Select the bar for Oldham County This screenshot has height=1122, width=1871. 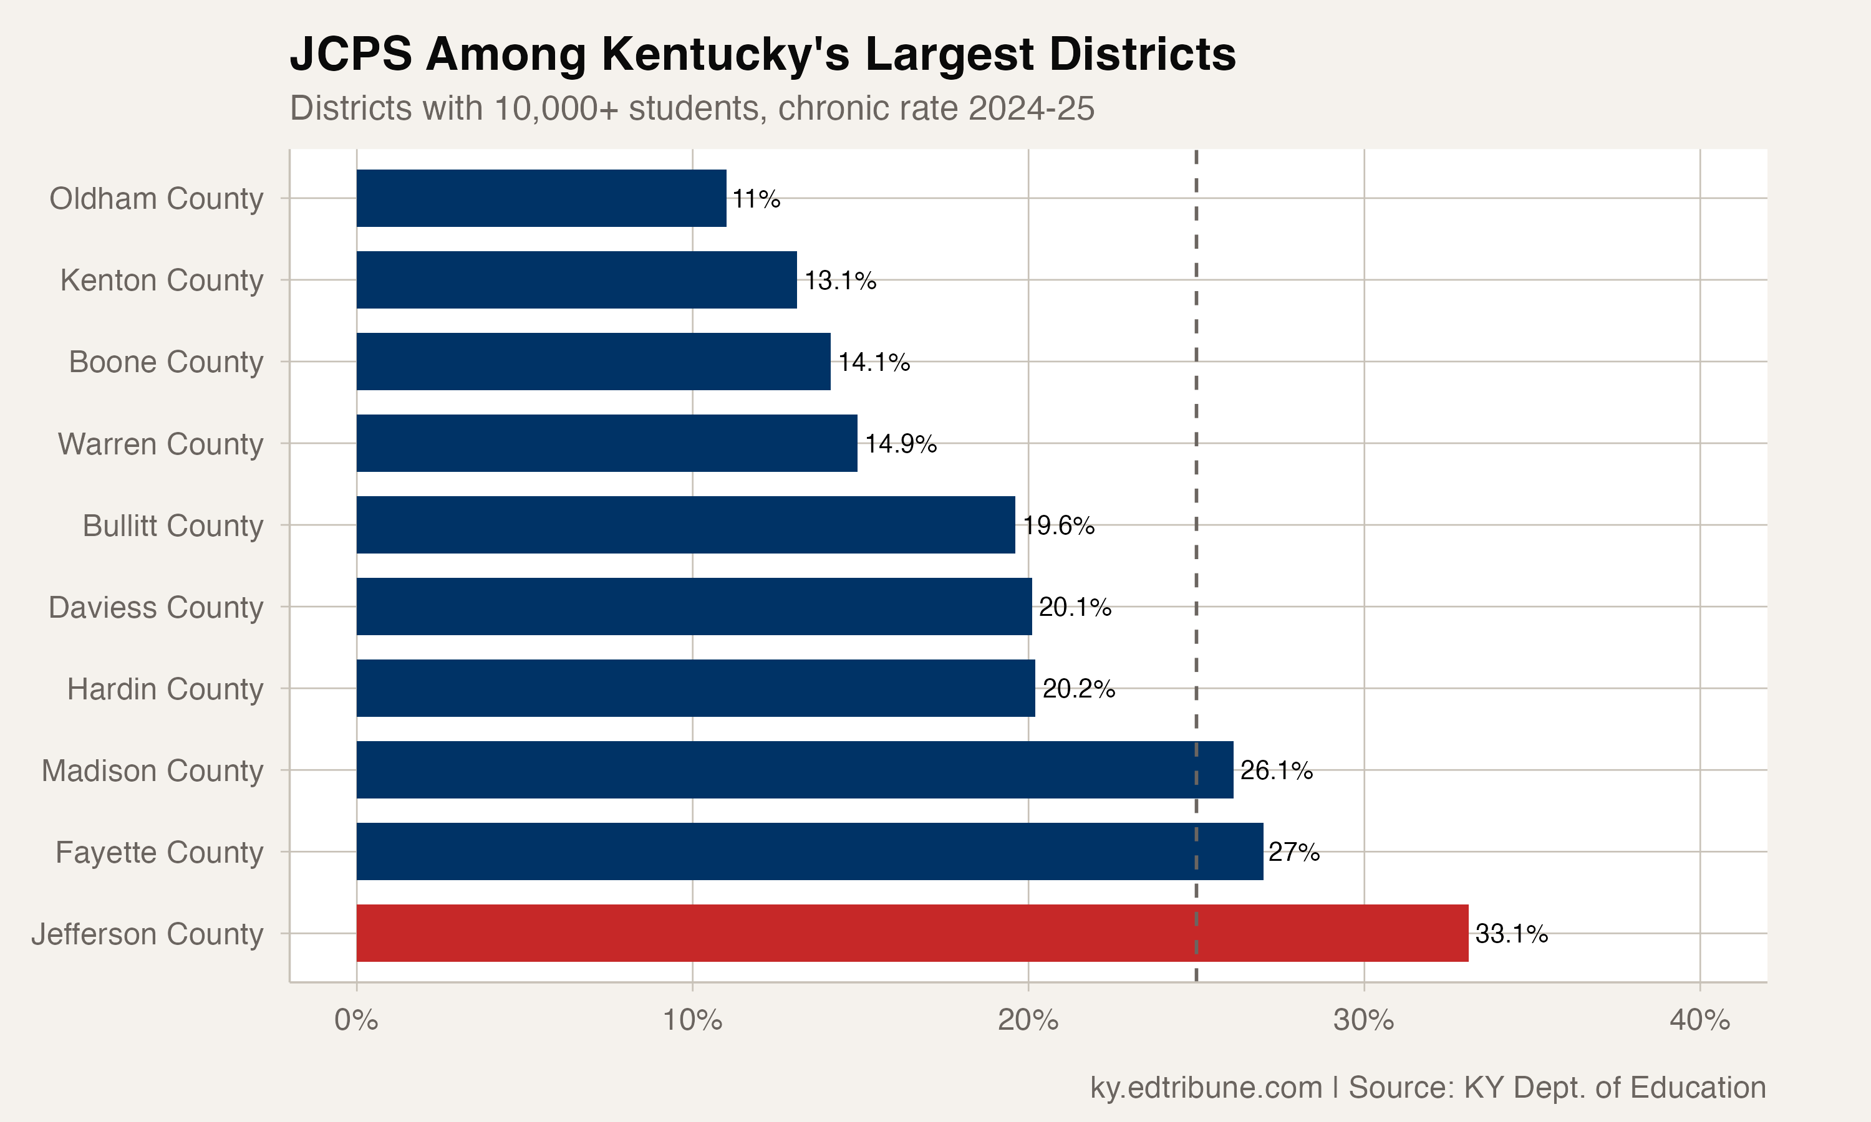(541, 198)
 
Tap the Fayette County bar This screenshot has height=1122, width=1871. (809, 851)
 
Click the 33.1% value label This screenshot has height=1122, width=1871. (1511, 934)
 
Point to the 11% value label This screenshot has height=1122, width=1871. (755, 199)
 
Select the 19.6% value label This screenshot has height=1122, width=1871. (1058, 525)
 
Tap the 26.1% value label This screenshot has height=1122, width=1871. (1276, 770)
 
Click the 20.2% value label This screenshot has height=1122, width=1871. (1078, 689)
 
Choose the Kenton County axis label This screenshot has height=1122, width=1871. (161, 280)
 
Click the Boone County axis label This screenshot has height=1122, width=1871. (166, 362)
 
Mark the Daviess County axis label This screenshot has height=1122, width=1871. (156, 607)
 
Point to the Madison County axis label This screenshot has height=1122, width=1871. (152, 770)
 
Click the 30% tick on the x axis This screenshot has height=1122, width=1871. (1363, 1020)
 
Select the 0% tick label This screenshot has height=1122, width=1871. (356, 1020)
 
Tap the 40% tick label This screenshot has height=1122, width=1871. (1699, 1020)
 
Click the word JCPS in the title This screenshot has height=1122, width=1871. (351, 54)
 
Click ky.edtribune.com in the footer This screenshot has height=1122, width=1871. (1206, 1087)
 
